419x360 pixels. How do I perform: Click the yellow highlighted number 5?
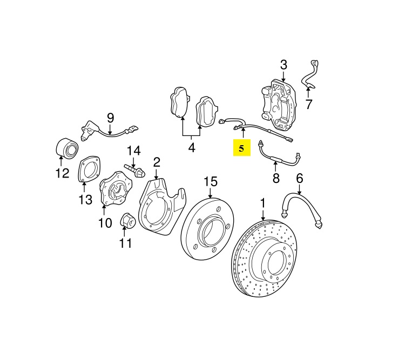pyautogui.click(x=241, y=147)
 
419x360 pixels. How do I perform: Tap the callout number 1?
pyautogui.click(x=263, y=203)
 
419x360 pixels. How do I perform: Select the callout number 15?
pyautogui.click(x=210, y=181)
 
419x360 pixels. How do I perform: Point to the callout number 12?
pyautogui.click(x=62, y=173)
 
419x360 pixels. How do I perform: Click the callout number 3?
pyautogui.click(x=284, y=65)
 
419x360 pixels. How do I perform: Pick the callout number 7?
pyautogui.click(x=308, y=104)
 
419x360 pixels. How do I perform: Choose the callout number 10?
pyautogui.click(x=105, y=222)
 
